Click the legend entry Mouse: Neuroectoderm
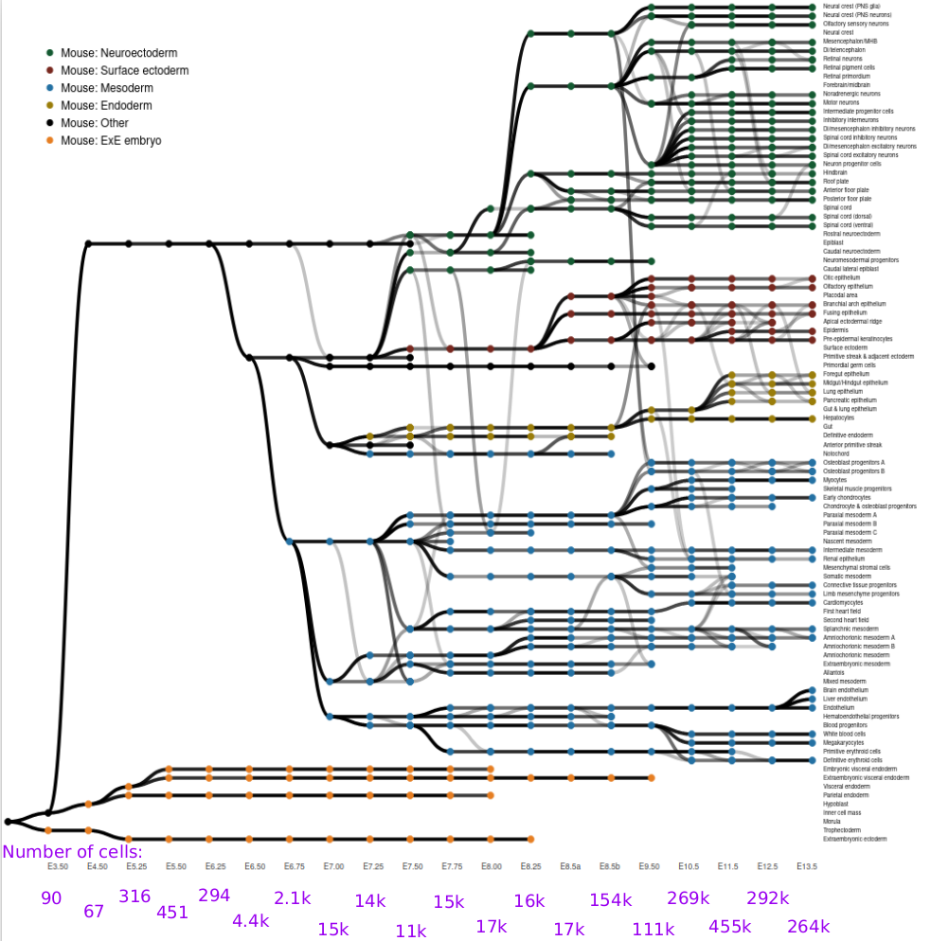coord(118,53)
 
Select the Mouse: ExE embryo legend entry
coord(111,140)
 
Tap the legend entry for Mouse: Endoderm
coord(106,105)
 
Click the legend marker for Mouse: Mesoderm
coord(49,88)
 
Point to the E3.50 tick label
coord(58,866)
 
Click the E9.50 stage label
coord(649,866)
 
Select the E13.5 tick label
coord(807,866)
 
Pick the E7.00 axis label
coord(332,866)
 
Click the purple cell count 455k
coord(730,928)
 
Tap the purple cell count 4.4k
coord(252,920)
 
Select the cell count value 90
coord(51,898)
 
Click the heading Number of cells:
coord(72,851)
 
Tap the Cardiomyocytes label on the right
coord(843,602)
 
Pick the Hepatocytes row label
coord(839,417)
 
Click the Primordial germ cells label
coord(850,365)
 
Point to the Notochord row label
coord(835,453)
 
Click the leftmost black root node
coord(8,822)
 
